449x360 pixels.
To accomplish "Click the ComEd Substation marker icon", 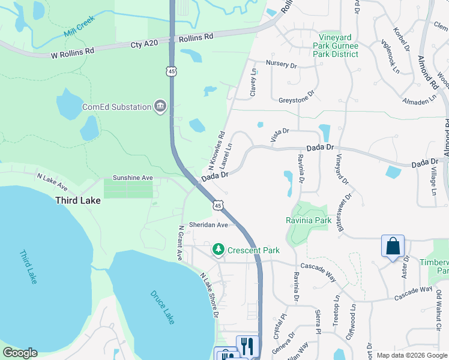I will pos(160,107).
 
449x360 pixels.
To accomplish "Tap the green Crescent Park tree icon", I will pos(218,249).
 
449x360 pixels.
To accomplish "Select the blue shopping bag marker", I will pos(393,247).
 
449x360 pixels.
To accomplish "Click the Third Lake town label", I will pos(77,200).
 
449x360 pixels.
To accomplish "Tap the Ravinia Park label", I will pos(309,220).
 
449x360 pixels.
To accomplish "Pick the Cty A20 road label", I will pos(145,44).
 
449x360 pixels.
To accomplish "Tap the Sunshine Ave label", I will pos(133,178).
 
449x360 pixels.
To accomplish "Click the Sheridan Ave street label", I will pos(209,224).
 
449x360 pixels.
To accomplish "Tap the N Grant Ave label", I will pos(179,242).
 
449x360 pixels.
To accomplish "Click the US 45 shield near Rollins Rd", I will pos(172,71).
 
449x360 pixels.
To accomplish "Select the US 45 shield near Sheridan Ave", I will pos(218,206).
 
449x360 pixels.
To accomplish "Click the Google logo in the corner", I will pos(20,353).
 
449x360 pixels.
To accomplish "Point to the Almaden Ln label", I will pos(419,101).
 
